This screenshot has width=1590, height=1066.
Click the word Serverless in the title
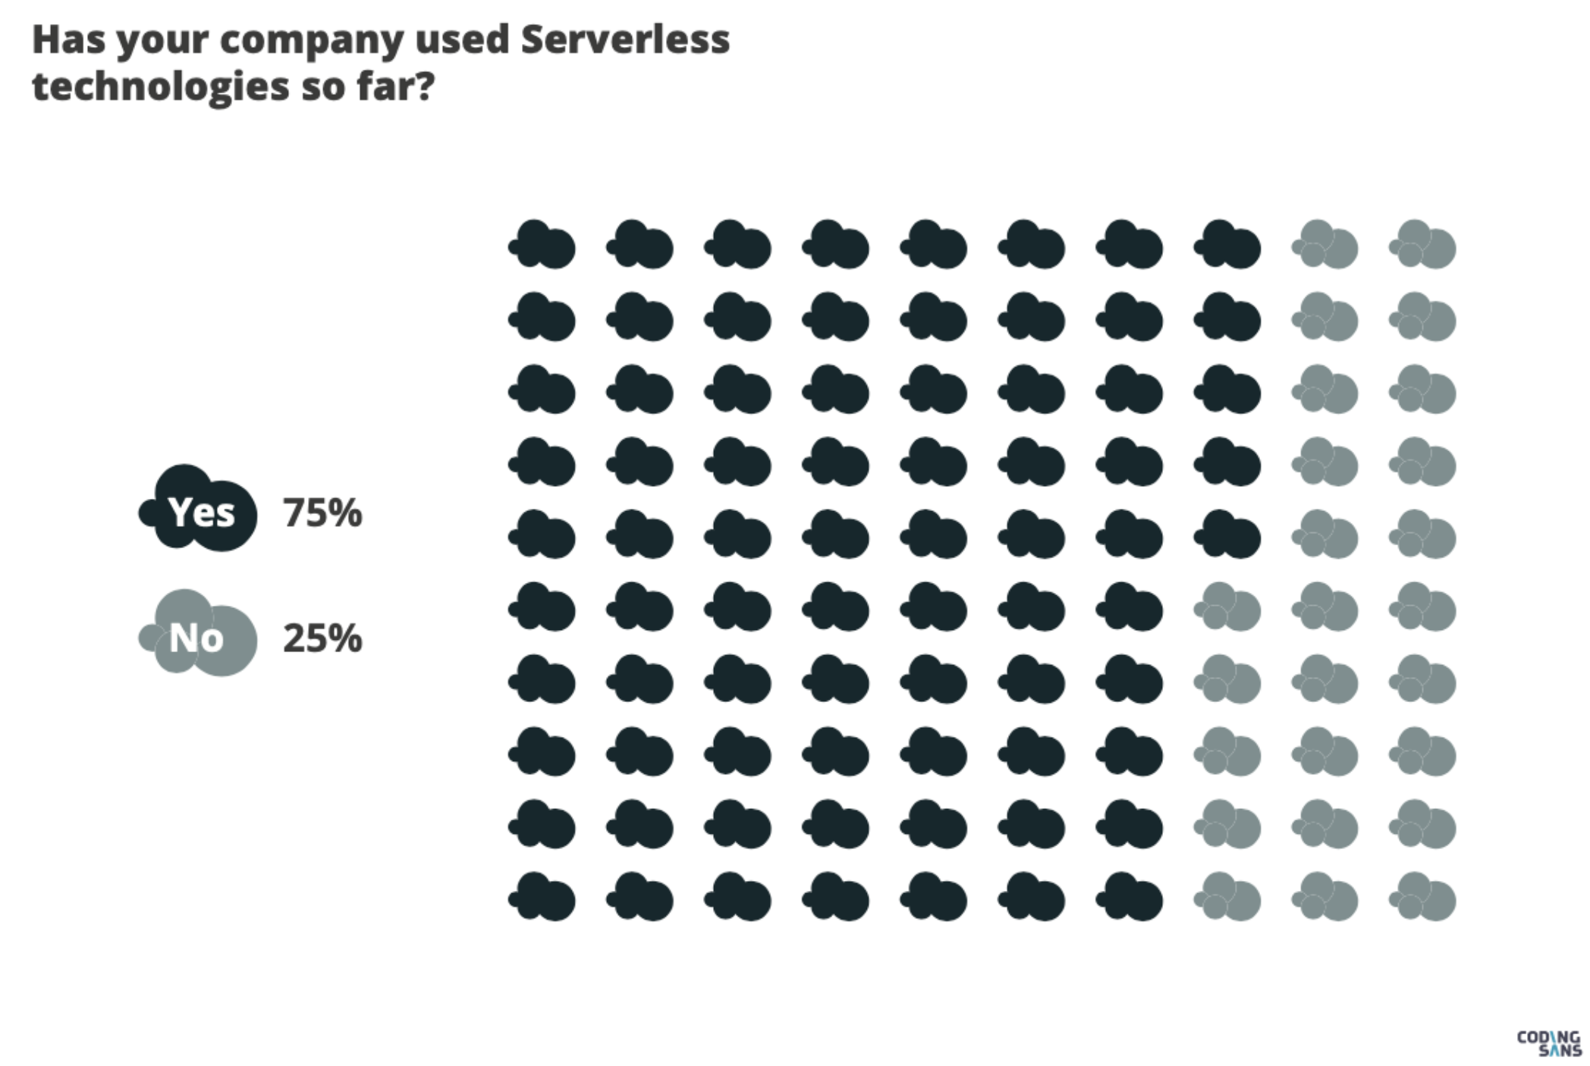click(x=624, y=40)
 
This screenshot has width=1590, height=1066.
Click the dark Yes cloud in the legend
click(x=199, y=509)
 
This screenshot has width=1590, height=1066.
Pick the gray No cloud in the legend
click(x=199, y=635)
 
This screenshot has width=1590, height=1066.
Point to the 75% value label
click(x=322, y=513)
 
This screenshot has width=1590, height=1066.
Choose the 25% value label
click(x=322, y=638)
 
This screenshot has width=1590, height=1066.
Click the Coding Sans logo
click(x=1548, y=1042)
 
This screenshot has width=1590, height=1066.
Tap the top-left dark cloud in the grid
click(x=543, y=245)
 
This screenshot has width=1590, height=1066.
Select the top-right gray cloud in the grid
click(x=1424, y=245)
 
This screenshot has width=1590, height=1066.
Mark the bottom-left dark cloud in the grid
click(x=543, y=897)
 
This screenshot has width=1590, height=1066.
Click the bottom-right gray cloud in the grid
click(x=1424, y=897)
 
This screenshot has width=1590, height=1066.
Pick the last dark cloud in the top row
click(x=1228, y=245)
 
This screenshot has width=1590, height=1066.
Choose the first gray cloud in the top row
click(x=1326, y=245)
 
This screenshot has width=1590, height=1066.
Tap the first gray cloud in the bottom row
click(x=1228, y=897)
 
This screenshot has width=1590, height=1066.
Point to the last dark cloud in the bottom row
click(x=1130, y=897)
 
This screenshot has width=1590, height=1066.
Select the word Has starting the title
click(x=68, y=40)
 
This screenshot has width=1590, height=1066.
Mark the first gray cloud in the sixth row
click(x=1228, y=607)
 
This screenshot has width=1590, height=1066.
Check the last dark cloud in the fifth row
click(x=1228, y=535)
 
